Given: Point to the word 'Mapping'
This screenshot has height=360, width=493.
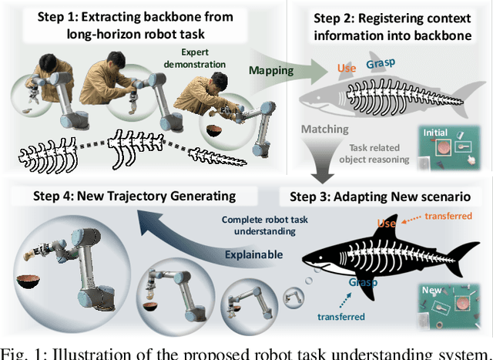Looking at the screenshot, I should coord(272,69).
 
